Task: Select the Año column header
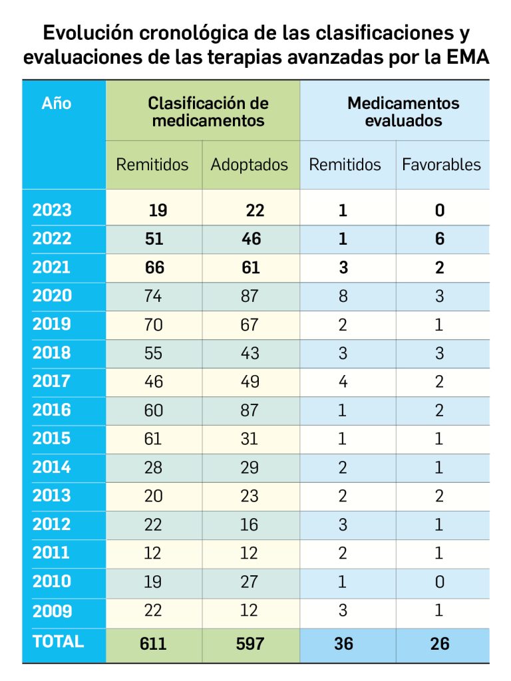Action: click(57, 104)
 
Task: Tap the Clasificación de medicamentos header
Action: click(208, 112)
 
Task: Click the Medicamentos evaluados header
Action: click(403, 112)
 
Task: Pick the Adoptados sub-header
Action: click(250, 165)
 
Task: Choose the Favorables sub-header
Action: click(441, 165)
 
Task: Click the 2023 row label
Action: click(52, 210)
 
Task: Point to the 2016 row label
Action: click(52, 410)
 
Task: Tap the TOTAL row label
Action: click(58, 642)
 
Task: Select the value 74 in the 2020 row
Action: click(153, 296)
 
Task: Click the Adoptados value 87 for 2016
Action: click(250, 410)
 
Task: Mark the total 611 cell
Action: click(153, 643)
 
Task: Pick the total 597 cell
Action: click(250, 643)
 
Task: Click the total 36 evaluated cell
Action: click(343, 643)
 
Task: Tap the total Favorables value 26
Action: click(440, 643)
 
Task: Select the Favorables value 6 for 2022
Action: click(440, 239)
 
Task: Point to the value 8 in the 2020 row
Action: click(343, 296)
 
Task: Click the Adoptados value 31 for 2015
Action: click(250, 439)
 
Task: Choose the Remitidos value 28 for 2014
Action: click(153, 468)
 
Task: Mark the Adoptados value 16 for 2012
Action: click(250, 525)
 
